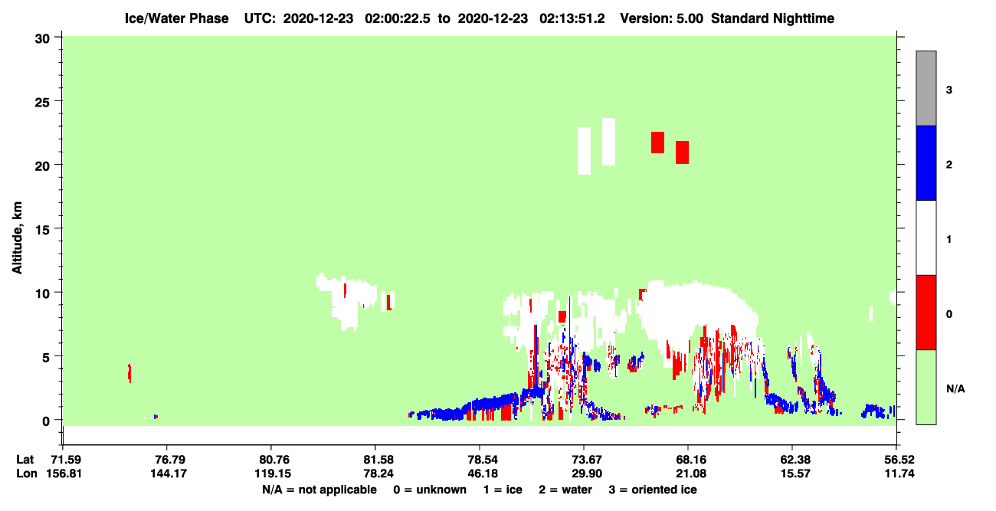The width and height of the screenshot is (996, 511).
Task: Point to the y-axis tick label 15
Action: click(x=42, y=230)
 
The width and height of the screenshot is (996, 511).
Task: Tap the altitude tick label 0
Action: click(x=46, y=421)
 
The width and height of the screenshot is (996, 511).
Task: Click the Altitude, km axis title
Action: click(x=17, y=237)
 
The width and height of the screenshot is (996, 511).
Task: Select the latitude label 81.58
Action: click(x=378, y=460)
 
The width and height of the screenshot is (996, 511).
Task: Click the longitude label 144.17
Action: click(x=169, y=473)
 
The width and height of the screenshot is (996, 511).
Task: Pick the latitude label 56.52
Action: click(x=899, y=460)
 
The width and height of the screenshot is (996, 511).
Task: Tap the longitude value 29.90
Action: click(x=587, y=473)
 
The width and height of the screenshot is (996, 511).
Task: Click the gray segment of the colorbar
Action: click(x=926, y=88)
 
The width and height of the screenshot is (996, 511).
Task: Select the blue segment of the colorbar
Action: click(x=926, y=162)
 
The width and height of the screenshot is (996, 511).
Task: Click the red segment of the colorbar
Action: click(x=926, y=313)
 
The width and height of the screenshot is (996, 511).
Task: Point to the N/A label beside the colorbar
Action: click(x=955, y=389)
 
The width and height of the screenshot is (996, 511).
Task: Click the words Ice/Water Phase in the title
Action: click(x=176, y=18)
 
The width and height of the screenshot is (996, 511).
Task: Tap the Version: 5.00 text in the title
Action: click(x=662, y=18)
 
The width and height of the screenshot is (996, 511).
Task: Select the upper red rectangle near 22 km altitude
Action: click(x=657, y=142)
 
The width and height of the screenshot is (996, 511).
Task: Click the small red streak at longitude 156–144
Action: click(x=129, y=372)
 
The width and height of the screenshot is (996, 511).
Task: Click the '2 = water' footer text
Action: click(x=565, y=490)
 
